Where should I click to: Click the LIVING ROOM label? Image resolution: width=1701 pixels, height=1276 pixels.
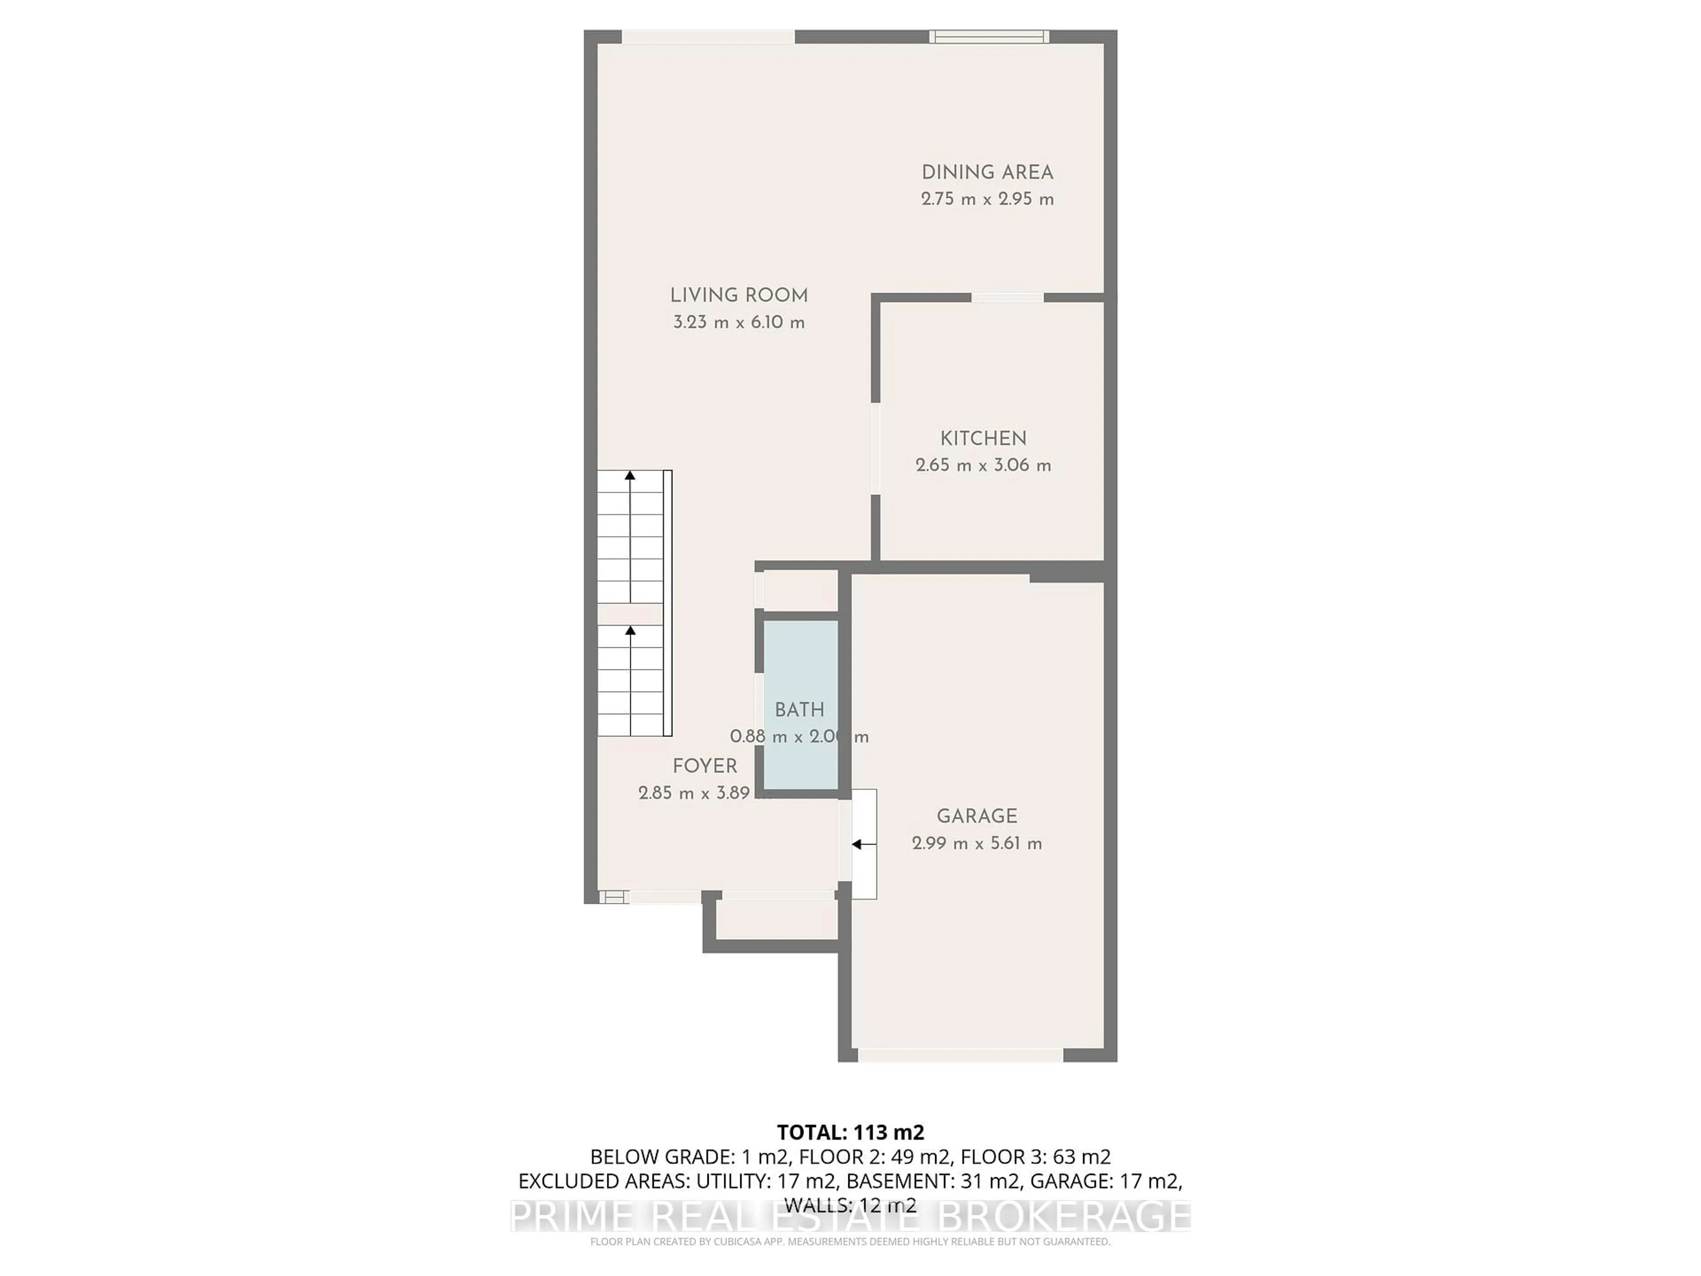point(738,296)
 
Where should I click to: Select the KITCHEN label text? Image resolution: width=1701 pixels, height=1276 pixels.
point(983,439)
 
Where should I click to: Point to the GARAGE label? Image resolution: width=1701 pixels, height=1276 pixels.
point(977,816)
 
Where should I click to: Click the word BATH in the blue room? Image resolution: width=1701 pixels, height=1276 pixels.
point(799,710)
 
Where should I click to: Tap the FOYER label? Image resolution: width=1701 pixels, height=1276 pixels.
point(704,766)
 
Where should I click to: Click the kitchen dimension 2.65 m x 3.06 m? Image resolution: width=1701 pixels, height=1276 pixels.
point(983,465)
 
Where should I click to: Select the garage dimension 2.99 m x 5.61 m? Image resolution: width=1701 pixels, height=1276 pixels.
point(977,844)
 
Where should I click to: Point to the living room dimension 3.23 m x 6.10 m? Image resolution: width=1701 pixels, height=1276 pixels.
point(738,322)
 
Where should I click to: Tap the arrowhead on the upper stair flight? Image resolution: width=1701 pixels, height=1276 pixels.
point(630,475)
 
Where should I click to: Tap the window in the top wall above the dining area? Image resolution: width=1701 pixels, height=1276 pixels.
point(988,36)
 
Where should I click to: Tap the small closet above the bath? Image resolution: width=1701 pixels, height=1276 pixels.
point(800,591)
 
